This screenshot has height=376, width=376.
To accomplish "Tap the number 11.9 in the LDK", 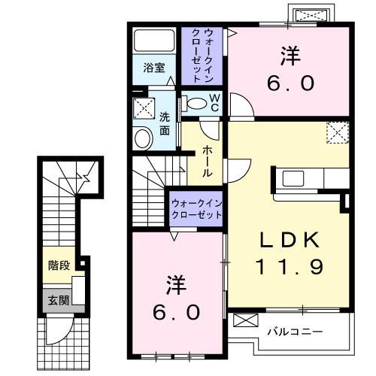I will [290, 265].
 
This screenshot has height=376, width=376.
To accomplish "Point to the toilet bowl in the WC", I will [197, 103].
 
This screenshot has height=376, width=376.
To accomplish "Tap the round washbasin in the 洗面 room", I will [143, 138].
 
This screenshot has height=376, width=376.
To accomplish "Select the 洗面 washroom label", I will [164, 124].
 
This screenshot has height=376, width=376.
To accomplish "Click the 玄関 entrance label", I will [56, 300].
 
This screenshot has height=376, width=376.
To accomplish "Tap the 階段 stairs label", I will [59, 265].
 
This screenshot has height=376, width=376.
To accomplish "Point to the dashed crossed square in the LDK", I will [337, 133].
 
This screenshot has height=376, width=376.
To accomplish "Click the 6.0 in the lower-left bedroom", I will [179, 311].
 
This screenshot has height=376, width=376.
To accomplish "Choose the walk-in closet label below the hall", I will [197, 208].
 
